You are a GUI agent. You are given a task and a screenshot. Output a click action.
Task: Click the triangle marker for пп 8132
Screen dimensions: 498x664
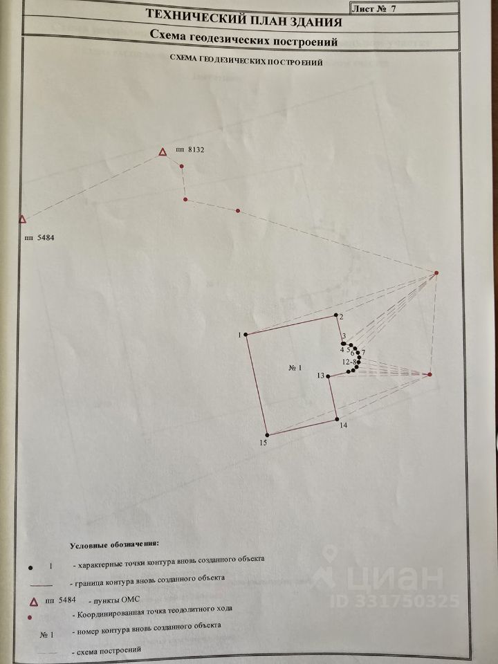162,152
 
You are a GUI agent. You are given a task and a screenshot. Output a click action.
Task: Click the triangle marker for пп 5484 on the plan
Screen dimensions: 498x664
22,219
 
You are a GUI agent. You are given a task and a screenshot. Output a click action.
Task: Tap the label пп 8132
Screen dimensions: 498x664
190,149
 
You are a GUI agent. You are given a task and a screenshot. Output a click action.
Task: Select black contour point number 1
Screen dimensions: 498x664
246,335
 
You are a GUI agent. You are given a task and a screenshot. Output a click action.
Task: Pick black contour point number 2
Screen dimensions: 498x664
336,315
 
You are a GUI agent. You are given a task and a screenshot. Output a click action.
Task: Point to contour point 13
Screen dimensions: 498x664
328,376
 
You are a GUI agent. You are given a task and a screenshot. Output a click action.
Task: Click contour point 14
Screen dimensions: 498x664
337,419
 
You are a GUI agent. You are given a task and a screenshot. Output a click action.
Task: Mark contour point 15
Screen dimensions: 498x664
267,435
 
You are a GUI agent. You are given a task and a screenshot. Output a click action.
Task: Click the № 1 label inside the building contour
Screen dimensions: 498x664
295,367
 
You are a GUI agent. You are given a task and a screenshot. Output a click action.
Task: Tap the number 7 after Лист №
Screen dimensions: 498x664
394,9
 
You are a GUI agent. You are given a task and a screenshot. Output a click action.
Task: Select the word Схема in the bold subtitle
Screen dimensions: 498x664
167,36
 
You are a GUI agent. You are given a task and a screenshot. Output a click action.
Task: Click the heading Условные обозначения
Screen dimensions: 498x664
114,544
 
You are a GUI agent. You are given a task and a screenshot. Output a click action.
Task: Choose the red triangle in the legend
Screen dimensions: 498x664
35,602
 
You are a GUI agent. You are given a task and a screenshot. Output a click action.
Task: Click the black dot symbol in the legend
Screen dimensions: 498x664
30,567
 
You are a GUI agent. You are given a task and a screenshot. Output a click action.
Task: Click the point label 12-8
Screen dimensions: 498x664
350,362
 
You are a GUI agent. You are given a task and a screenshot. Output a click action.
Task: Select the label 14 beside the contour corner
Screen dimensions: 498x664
344,425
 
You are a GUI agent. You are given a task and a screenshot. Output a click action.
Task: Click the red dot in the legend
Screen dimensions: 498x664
30,618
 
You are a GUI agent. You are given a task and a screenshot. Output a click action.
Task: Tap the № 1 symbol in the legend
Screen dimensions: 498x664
46,635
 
